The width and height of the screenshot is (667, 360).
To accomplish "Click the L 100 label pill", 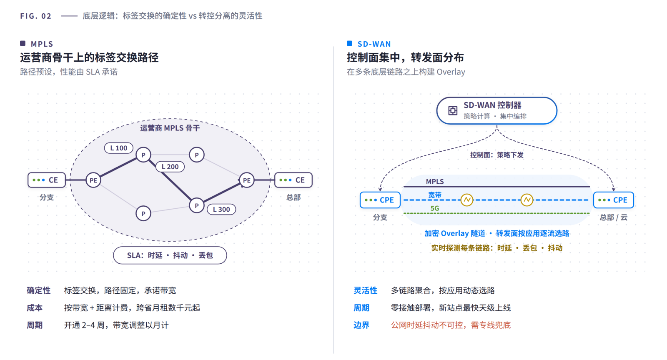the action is [x=118, y=148].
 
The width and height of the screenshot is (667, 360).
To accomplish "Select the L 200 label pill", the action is [x=170, y=167].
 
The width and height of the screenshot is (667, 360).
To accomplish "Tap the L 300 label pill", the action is [x=221, y=209].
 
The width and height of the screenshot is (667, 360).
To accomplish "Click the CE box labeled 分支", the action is [x=47, y=180].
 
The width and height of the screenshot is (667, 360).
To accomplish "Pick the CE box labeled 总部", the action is [x=293, y=180].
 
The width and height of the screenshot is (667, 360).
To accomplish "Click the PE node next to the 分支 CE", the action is [x=93, y=180].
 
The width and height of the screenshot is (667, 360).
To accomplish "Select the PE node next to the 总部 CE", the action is [x=246, y=180].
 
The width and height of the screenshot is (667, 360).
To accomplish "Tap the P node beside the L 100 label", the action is [x=143, y=155].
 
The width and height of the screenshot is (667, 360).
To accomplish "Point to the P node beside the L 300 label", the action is [x=196, y=205].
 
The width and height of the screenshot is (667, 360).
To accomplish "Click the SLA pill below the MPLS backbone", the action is [x=170, y=255].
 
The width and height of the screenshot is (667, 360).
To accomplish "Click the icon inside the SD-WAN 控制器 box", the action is [x=453, y=111].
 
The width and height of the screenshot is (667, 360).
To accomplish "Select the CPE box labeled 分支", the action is [x=380, y=200].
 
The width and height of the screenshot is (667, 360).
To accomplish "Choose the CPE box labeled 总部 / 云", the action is [x=614, y=200].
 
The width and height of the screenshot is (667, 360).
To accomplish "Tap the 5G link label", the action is [x=435, y=208].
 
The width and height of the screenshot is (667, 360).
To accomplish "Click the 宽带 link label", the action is [x=435, y=195].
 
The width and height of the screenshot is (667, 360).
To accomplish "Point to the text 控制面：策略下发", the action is [x=496, y=155].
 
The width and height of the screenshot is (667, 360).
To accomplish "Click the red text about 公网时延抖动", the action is [x=451, y=325].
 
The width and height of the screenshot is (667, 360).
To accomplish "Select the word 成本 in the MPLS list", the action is [x=35, y=307].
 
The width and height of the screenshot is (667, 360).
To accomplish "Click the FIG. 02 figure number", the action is [x=36, y=16].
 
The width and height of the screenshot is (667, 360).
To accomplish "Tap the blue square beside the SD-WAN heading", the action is [x=350, y=43].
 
